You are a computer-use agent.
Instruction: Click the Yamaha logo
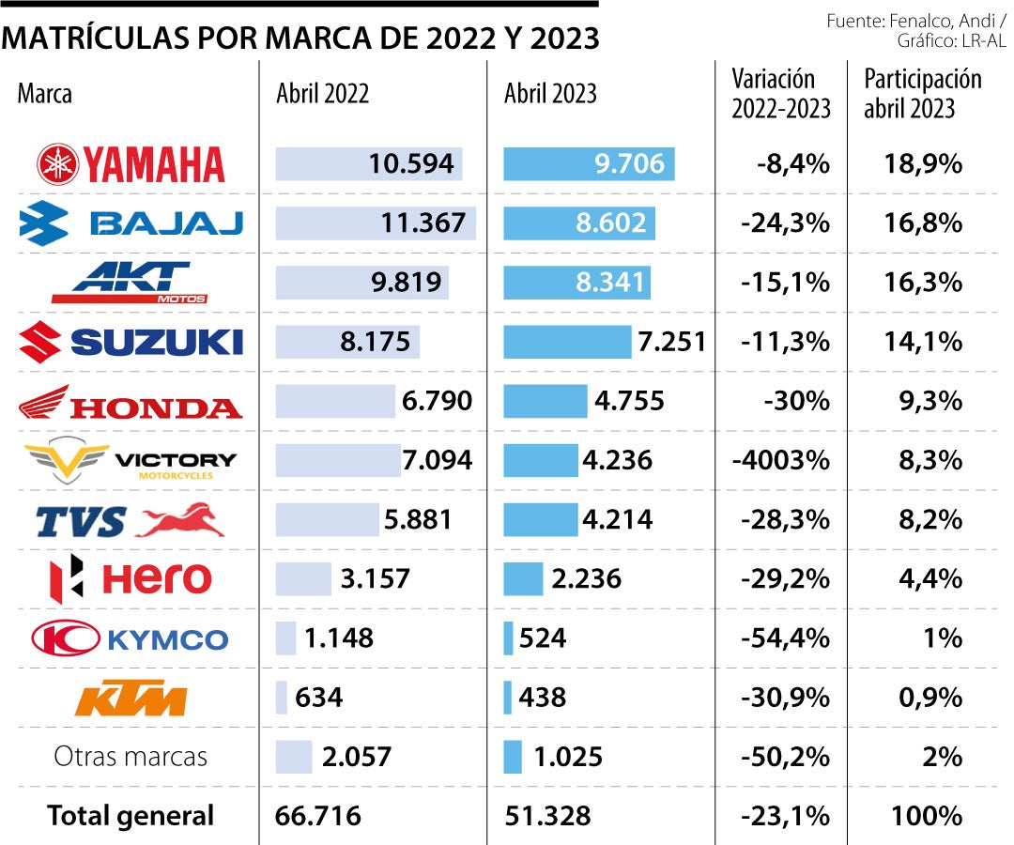tap(131, 164)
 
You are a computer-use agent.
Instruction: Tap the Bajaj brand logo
tap(131, 223)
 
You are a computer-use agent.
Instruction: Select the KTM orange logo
tap(131, 699)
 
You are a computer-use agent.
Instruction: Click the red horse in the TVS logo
tap(180, 519)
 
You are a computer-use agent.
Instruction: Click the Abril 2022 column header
tap(322, 93)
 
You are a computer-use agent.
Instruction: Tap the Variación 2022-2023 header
tap(781, 93)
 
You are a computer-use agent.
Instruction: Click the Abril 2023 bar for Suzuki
tap(567, 342)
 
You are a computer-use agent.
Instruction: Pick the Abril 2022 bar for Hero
tap(303, 578)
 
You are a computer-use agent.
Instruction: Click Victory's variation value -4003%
tap(781, 460)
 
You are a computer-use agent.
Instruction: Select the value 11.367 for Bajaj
tap(423, 223)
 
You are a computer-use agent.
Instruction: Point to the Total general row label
tap(131, 816)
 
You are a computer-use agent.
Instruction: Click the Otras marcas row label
tap(131, 757)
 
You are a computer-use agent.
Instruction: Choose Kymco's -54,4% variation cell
tap(785, 638)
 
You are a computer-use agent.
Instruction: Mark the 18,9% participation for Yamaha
tap(923, 164)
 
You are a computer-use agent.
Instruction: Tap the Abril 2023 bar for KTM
tap(508, 698)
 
